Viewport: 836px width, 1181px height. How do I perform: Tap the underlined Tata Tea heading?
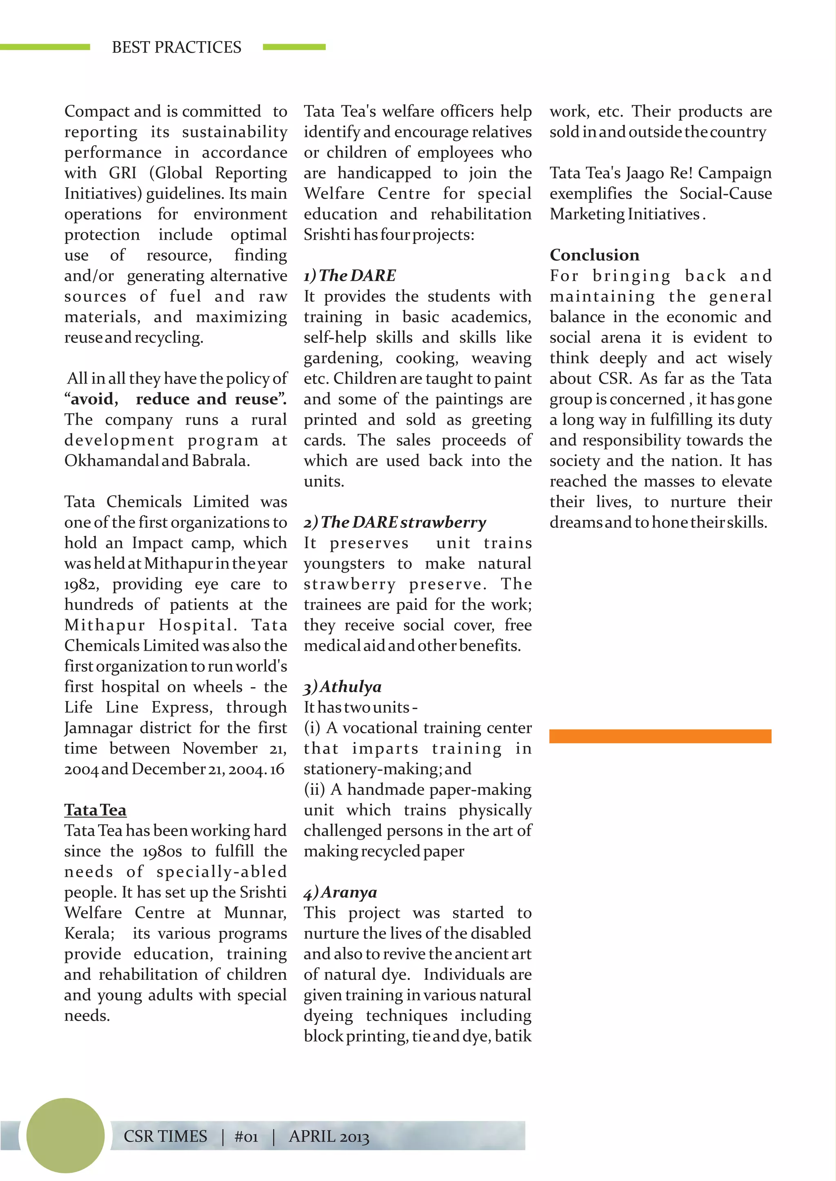pos(95,810)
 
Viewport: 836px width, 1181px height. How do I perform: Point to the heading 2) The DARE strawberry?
pos(394,523)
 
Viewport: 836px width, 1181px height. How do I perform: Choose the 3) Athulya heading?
pos(342,687)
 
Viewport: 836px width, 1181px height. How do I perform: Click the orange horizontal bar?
pos(660,736)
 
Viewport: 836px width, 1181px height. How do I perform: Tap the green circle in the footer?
pos(65,1135)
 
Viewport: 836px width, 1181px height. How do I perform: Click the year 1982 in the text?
pos(80,585)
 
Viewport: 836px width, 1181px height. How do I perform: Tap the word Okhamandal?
pos(111,461)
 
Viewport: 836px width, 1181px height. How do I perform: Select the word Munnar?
pos(255,913)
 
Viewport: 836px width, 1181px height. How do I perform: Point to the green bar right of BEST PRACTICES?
pos(294,47)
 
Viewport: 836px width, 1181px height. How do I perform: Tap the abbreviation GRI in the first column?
pos(122,173)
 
